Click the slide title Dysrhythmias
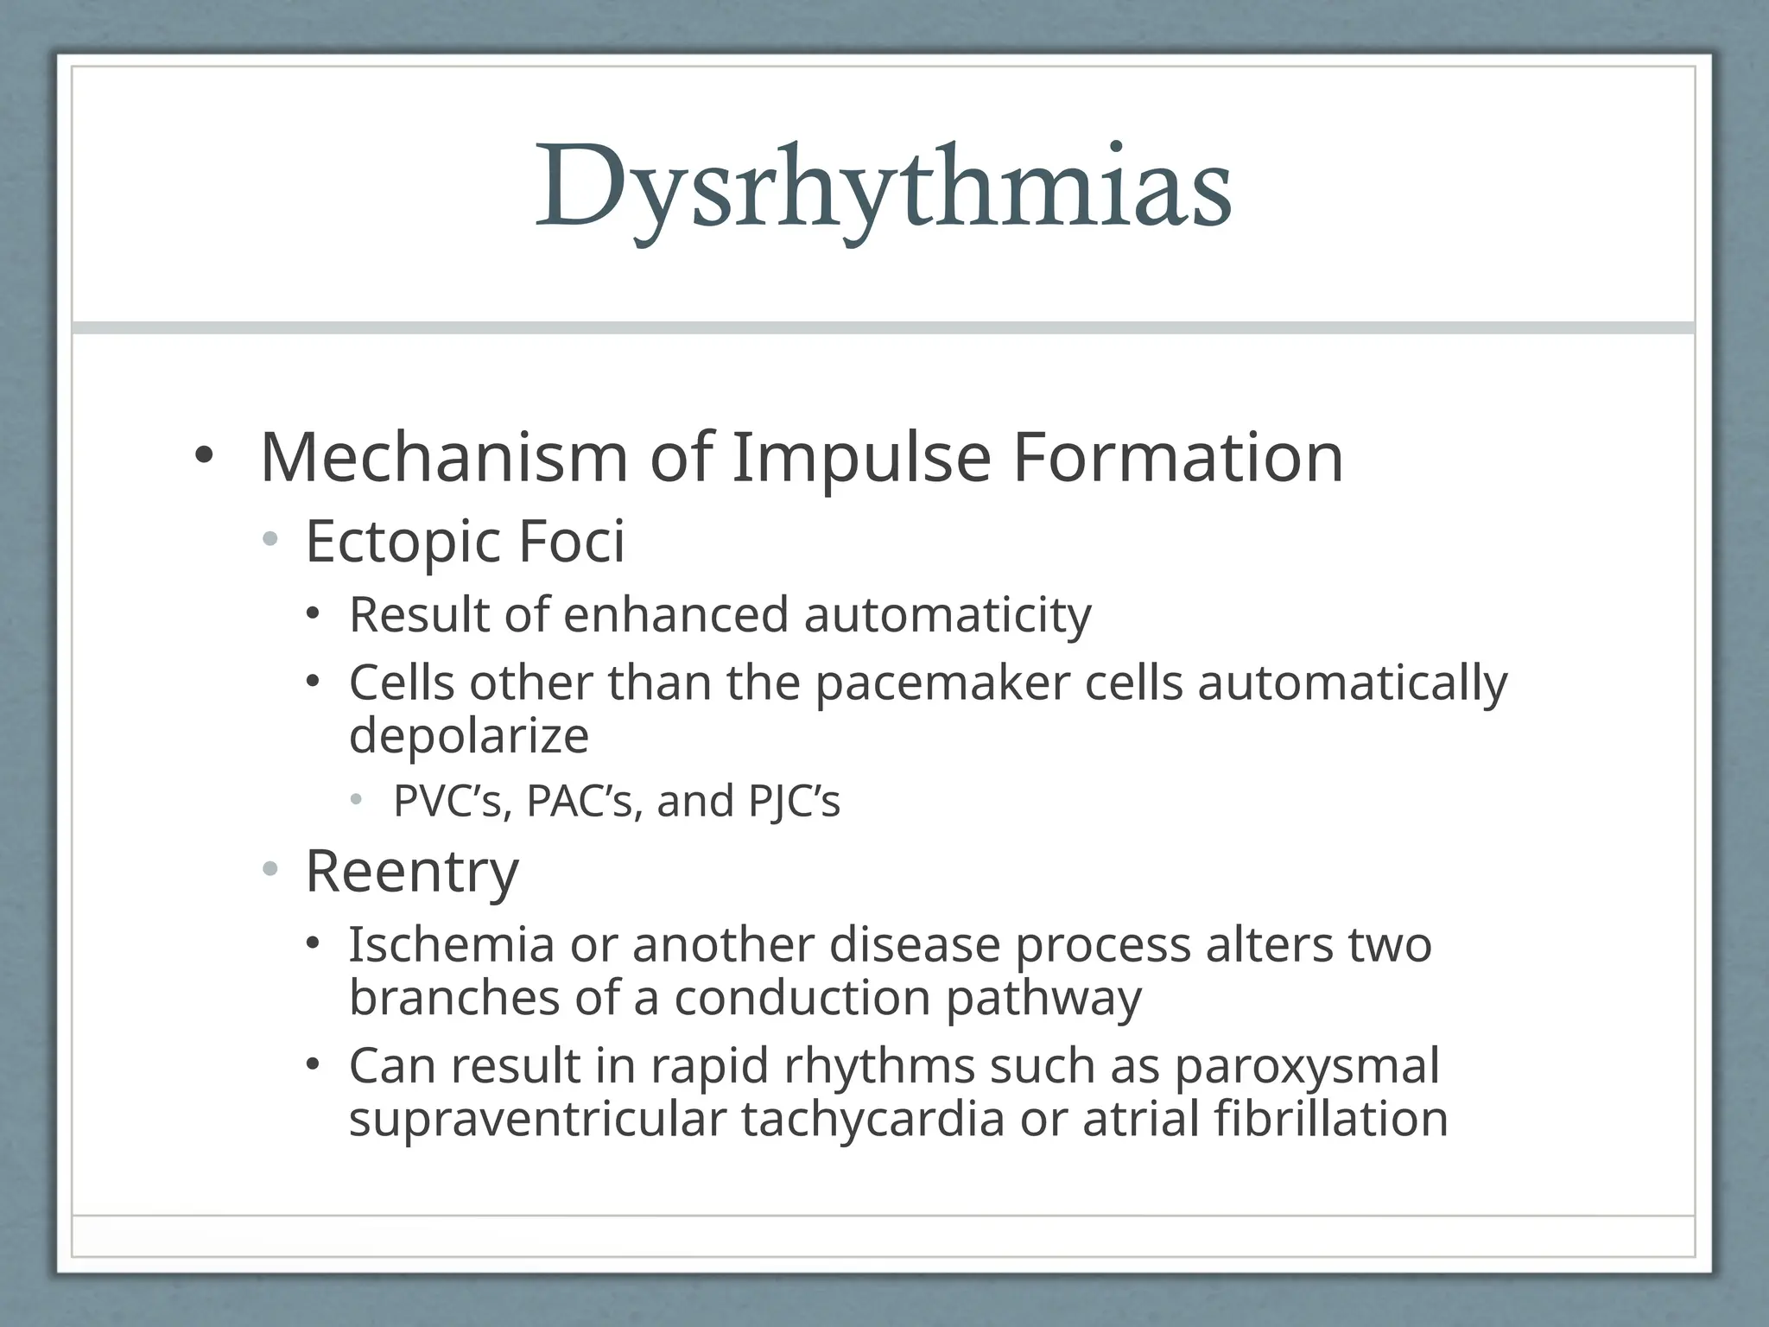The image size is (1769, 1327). click(x=883, y=188)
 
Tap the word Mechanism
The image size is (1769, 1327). click(x=444, y=458)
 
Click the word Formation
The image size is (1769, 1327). click(x=1177, y=458)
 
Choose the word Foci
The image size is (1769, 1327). click(x=571, y=542)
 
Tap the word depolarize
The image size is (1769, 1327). click(x=469, y=736)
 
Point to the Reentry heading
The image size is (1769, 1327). click(x=412, y=873)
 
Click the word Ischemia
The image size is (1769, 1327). click(x=451, y=944)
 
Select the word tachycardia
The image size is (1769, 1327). click(x=872, y=1121)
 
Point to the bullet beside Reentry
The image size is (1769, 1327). click(x=270, y=869)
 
